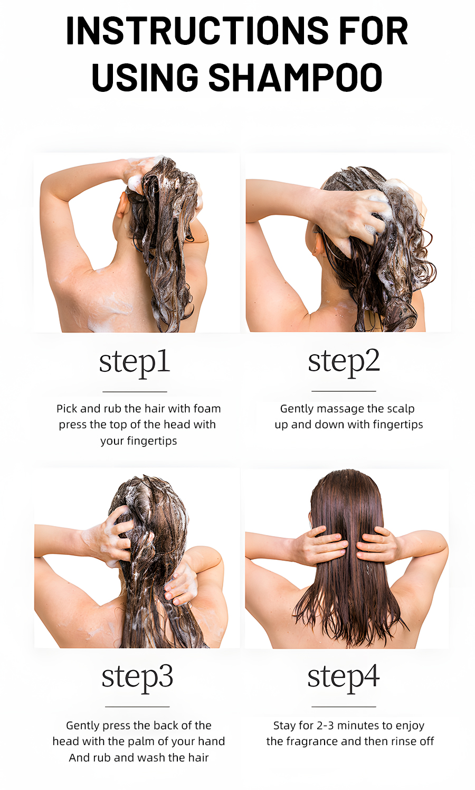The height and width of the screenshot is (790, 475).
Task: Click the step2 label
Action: click(344, 363)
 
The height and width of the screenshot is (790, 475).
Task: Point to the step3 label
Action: click(137, 678)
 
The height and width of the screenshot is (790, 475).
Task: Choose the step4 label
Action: click(344, 678)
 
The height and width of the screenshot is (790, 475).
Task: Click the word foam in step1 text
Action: click(207, 408)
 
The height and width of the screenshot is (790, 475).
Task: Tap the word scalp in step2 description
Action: click(401, 409)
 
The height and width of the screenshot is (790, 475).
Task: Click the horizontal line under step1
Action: click(135, 391)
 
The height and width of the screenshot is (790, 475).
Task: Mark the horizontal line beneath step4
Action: click(344, 707)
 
